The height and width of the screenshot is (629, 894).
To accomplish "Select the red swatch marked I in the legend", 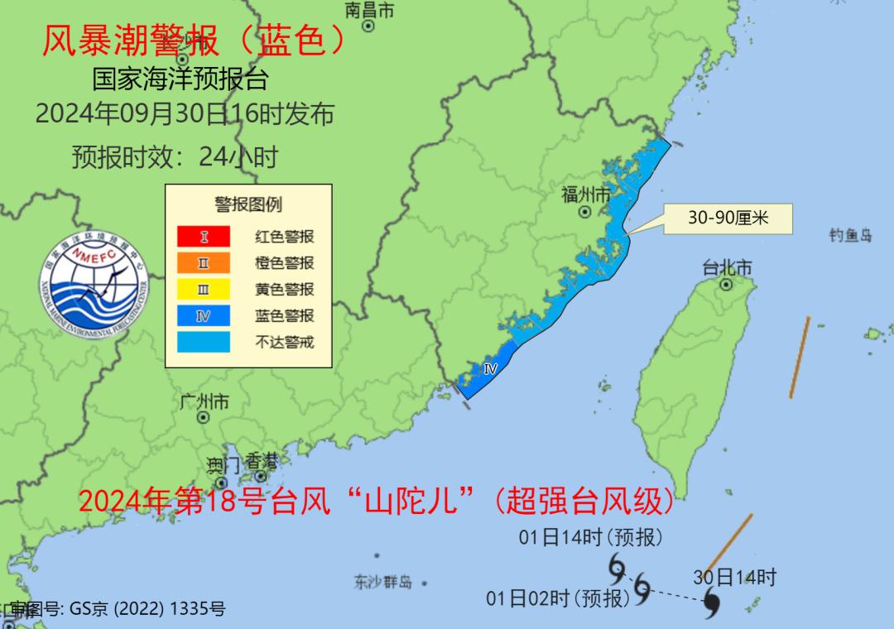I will pyautogui.click(x=204, y=237).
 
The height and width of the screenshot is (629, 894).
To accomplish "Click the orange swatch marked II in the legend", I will pyautogui.click(x=204, y=263).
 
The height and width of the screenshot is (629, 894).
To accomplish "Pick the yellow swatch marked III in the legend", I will pyautogui.click(x=204, y=290).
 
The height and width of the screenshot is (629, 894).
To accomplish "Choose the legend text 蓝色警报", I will pyautogui.click(x=284, y=316).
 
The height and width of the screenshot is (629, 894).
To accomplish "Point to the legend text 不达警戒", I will pyautogui.click(x=284, y=342).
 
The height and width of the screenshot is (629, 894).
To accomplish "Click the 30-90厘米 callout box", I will pyautogui.click(x=728, y=218).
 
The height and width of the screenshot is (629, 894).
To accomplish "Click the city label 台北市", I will pyautogui.click(x=727, y=267).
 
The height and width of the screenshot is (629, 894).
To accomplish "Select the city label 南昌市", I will pyautogui.click(x=369, y=10).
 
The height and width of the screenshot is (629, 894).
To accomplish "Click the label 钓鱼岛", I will pyautogui.click(x=851, y=236).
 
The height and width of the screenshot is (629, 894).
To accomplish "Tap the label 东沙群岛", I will pyautogui.click(x=382, y=582).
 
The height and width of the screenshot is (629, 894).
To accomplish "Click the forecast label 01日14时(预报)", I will pyautogui.click(x=591, y=537).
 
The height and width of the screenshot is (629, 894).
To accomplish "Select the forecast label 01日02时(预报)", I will pyautogui.click(x=559, y=598).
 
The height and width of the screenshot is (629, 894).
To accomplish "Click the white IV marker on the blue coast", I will pyautogui.click(x=489, y=369).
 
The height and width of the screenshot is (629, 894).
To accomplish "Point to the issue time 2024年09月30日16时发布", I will pyautogui.click(x=185, y=113).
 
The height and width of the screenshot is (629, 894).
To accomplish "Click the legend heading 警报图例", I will pyautogui.click(x=248, y=204).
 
